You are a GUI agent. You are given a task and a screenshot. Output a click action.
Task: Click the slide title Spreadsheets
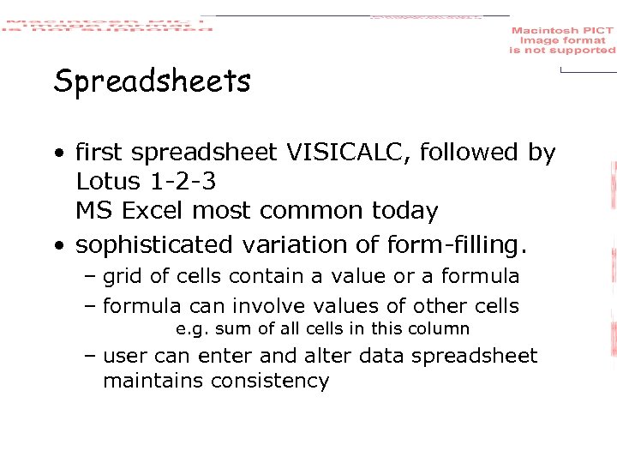[152, 82]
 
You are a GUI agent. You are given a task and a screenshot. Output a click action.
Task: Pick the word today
[407, 210]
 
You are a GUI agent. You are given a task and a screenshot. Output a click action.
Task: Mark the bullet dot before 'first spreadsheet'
[60, 154]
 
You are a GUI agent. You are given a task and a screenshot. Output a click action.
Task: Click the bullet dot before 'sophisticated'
[60, 247]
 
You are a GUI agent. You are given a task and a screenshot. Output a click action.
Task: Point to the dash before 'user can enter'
[89, 356]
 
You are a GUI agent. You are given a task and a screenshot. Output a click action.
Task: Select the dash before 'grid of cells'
[89, 276]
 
